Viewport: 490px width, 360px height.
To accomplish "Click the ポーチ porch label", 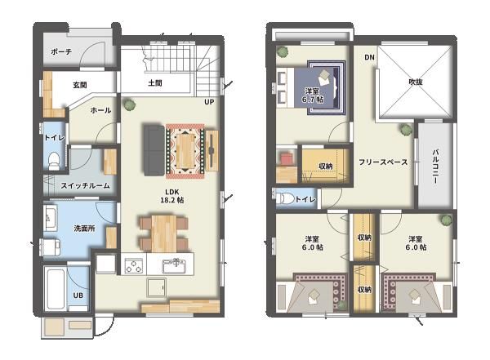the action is click(61, 51).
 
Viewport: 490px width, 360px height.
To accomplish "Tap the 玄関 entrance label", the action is click(80, 85).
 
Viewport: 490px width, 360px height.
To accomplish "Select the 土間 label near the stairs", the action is click(155, 83).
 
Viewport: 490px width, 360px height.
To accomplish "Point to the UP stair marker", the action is click(209, 102).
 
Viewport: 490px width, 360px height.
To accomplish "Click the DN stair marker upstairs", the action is click(369, 57).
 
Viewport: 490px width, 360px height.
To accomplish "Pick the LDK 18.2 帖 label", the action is click(172, 196).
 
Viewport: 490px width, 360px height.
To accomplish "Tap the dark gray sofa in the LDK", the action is click(154, 150).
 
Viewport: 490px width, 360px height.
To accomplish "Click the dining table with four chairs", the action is click(164, 233).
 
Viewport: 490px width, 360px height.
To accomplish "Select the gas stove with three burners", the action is click(134, 265).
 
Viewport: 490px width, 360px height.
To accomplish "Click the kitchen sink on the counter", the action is click(174, 266).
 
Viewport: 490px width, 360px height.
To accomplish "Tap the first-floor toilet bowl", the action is click(54, 160).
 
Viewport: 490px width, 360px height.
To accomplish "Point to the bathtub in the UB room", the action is click(55, 288).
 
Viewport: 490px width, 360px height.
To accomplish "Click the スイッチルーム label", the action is click(85, 185).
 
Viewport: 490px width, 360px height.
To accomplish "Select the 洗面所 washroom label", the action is click(85, 229).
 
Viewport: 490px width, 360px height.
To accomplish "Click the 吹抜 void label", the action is click(416, 82).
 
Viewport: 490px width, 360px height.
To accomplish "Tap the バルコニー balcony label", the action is click(435, 167).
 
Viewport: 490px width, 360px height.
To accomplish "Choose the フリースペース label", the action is click(383, 162).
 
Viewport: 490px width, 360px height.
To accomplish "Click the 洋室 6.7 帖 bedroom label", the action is click(313, 96).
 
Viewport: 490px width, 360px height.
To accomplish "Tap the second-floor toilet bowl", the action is click(286, 198).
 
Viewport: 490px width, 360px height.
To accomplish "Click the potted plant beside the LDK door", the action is click(129, 104).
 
